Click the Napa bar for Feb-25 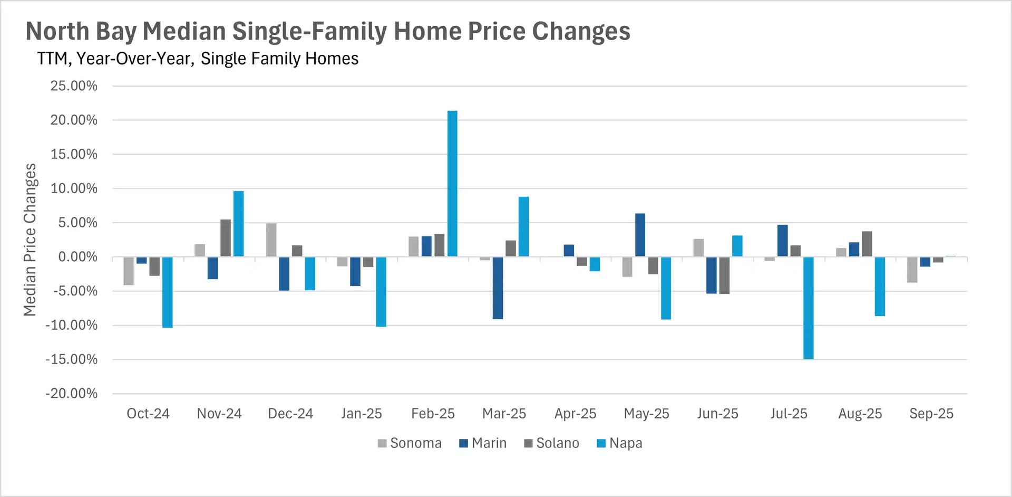[x=452, y=184]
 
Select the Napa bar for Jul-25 [x=808, y=308]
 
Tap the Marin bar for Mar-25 [x=498, y=288]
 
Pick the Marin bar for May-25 [x=640, y=235]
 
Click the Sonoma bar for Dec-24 [x=271, y=240]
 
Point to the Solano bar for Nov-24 [x=226, y=238]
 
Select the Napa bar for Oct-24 [x=167, y=292]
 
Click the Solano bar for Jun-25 [x=724, y=275]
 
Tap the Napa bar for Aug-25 [x=880, y=286]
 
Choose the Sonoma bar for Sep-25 [x=912, y=270]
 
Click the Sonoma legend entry [x=410, y=443]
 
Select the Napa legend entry [x=619, y=443]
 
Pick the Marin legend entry [x=483, y=443]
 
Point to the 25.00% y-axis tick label [x=74, y=86]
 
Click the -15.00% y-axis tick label [x=72, y=360]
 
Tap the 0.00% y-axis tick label [x=77, y=257]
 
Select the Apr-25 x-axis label [x=575, y=414]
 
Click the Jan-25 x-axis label [x=361, y=414]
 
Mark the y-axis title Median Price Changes [x=30, y=240]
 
